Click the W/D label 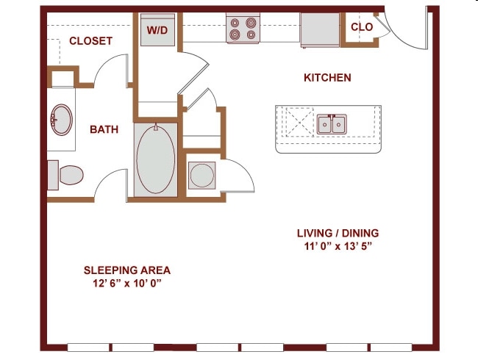point(157,30)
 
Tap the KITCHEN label point(327,78)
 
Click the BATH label point(104,129)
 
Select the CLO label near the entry point(362,26)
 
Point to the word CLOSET point(91,41)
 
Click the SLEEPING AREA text point(127,270)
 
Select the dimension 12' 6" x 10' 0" point(127,284)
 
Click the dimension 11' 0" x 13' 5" point(338,246)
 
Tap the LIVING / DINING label point(338,233)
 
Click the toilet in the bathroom point(65,175)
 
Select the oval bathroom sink point(62,120)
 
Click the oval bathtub point(156,159)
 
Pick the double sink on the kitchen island point(332,124)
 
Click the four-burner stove point(243,29)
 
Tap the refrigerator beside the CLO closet point(320,30)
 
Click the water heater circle point(201,175)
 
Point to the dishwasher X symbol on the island point(300,122)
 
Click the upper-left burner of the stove point(235,23)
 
